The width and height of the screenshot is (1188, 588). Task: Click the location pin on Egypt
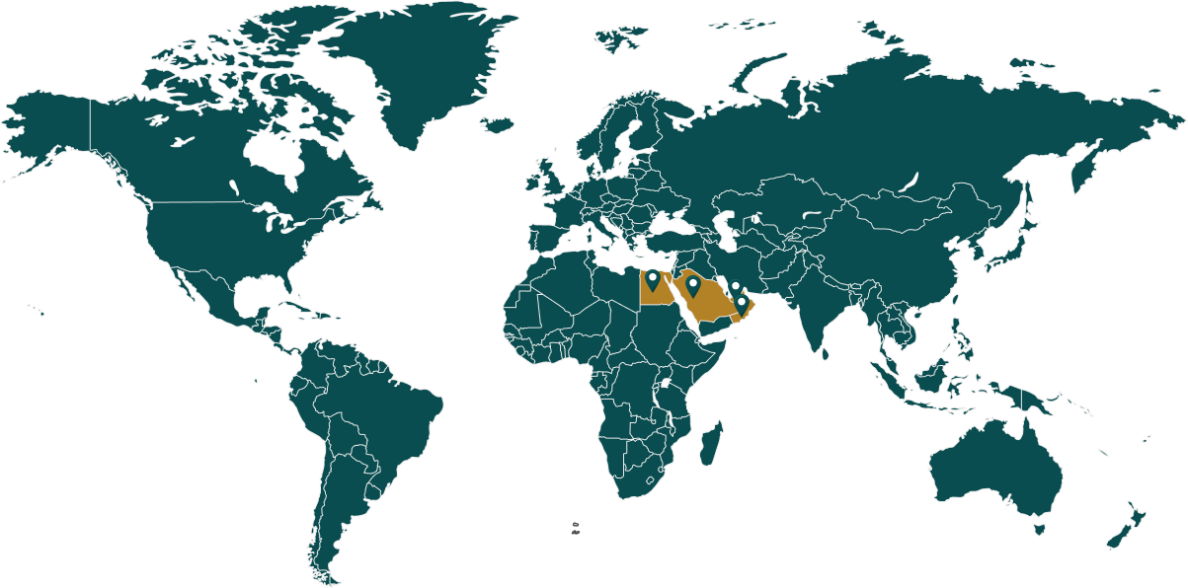[x=652, y=280]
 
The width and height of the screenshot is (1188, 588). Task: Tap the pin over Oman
[x=743, y=304]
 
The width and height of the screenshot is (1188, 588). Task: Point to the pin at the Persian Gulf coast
[x=735, y=288]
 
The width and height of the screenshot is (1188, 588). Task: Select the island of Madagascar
[x=709, y=444]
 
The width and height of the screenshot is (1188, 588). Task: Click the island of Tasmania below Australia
[x=1039, y=530]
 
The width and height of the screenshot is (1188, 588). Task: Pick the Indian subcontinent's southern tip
[x=818, y=340]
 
